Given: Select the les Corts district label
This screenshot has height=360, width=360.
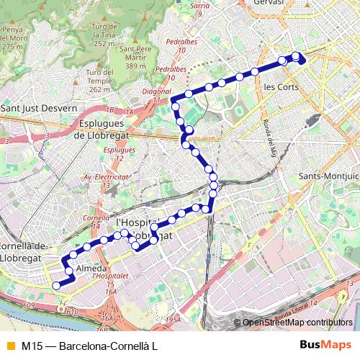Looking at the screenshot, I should pyautogui.click(x=281, y=86).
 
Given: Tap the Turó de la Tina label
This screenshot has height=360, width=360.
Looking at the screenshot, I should pyautogui.click(x=104, y=30).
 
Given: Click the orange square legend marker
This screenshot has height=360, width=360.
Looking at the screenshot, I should pyautogui.click(x=9, y=345).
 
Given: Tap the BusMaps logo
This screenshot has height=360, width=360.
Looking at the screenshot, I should pyautogui.click(x=325, y=345).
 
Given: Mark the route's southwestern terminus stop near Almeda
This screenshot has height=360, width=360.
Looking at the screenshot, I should pyautogui.click(x=57, y=286).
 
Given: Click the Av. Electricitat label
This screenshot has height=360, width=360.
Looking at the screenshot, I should pyautogui.click(x=105, y=177).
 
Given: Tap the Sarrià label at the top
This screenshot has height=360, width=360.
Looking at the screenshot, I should pyautogui.click(x=201, y=5).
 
